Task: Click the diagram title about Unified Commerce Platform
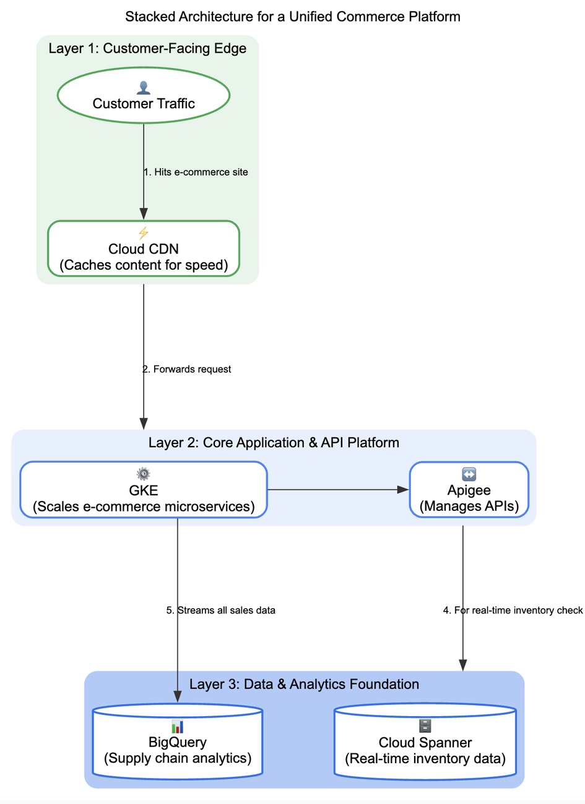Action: [292, 17]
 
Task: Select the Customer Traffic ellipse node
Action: [144, 95]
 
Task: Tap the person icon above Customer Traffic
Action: [144, 88]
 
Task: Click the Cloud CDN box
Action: [144, 249]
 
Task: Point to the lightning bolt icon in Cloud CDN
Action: [144, 233]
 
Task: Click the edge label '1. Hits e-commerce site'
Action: [196, 172]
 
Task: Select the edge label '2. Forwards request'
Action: [187, 369]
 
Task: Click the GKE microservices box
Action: [144, 490]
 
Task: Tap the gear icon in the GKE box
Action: [144, 474]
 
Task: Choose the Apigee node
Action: [469, 490]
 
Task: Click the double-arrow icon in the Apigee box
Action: [469, 474]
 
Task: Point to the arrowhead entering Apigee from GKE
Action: [404, 490]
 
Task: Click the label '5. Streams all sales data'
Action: [220, 610]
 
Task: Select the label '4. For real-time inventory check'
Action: [513, 610]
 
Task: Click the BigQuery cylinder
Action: [178, 742]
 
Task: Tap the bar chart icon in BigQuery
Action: [178, 726]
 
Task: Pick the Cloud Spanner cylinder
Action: [425, 742]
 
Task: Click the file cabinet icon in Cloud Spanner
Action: [425, 725]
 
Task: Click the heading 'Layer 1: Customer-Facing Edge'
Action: [147, 48]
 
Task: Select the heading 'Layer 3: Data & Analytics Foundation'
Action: [304, 684]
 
